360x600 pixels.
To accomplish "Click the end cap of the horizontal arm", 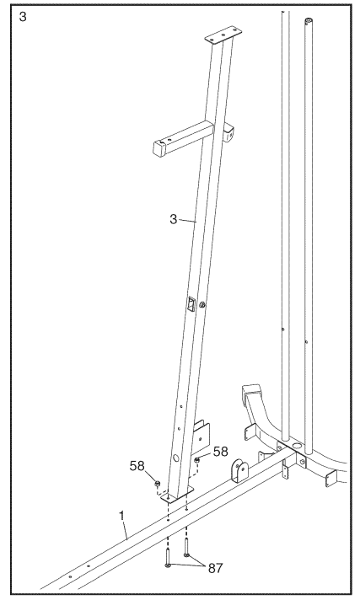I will (158, 150).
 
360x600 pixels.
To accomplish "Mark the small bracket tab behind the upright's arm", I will (228, 131).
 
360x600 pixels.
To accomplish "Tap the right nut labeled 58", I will (196, 460).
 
